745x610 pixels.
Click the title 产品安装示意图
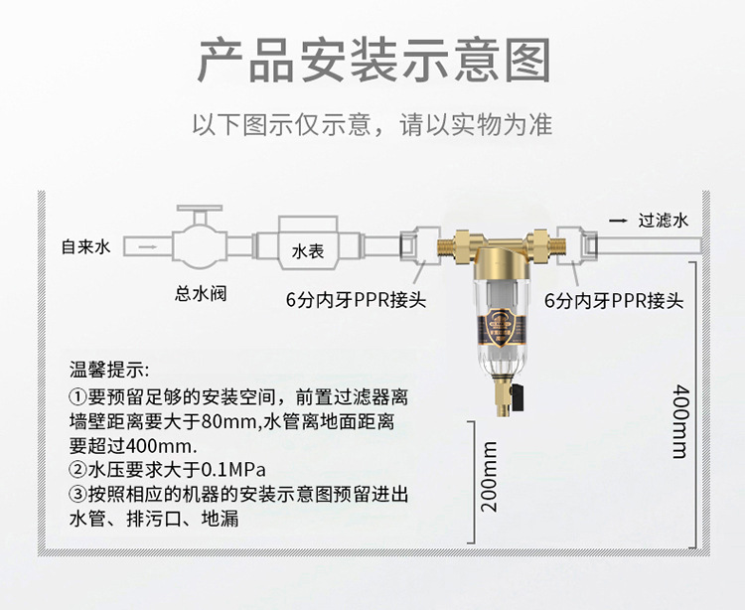372,61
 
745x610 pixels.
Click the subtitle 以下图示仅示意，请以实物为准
372,126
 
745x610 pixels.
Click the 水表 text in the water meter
308,252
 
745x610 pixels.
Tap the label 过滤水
663,222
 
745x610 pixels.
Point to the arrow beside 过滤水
617,222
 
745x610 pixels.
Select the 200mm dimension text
489,478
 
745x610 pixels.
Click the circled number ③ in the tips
77,494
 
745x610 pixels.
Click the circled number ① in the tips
77,396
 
